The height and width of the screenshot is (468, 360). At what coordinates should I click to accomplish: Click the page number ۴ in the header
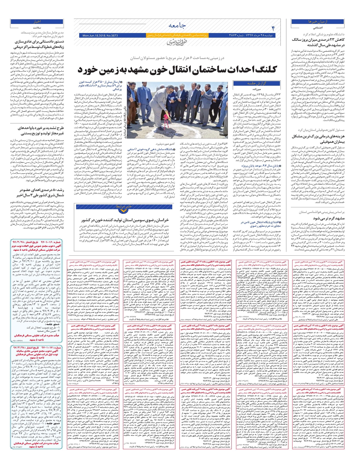(273, 28)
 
